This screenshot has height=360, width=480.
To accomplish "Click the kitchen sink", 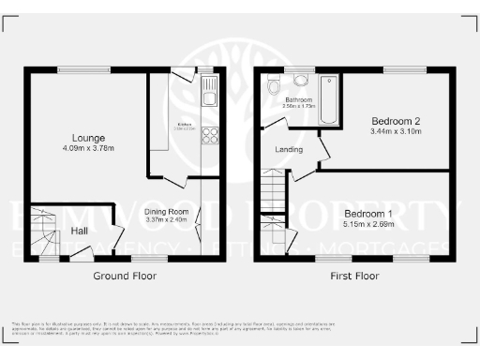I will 208,91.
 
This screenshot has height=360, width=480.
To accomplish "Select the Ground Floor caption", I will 124,277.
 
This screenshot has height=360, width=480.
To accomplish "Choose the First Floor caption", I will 354,277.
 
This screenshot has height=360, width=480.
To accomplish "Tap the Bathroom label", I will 299,99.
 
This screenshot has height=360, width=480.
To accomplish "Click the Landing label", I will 288,150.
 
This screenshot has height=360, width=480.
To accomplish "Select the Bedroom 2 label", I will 395,121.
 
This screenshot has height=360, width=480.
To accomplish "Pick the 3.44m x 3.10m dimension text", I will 395,132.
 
